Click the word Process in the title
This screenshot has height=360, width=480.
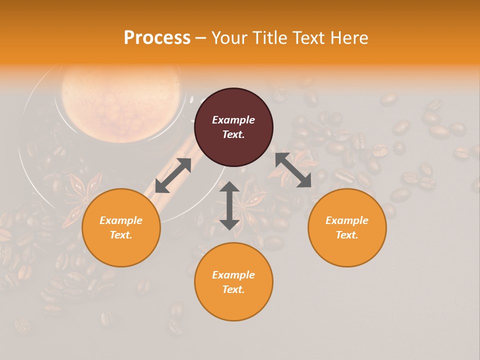[x=157, y=38]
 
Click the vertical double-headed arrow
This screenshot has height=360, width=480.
[x=229, y=205]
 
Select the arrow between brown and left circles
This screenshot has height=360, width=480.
[x=173, y=175]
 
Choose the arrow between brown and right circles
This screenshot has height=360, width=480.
[x=293, y=170]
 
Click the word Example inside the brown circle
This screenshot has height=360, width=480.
[x=233, y=120]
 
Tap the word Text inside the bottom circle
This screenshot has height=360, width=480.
[x=233, y=289]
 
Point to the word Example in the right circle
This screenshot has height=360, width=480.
[x=347, y=220]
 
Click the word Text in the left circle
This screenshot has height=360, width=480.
[x=121, y=235]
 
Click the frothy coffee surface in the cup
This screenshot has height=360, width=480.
[x=120, y=100]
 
